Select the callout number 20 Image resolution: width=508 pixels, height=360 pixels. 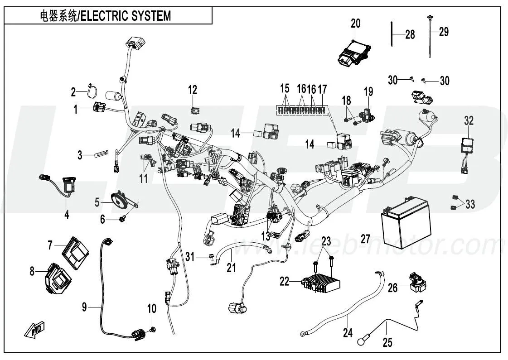[x=356, y=24]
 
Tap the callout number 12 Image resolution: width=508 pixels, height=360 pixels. [x=193, y=89]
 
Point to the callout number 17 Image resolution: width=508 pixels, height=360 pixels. [x=322, y=88]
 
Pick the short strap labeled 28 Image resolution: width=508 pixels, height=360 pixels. [x=391, y=34]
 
